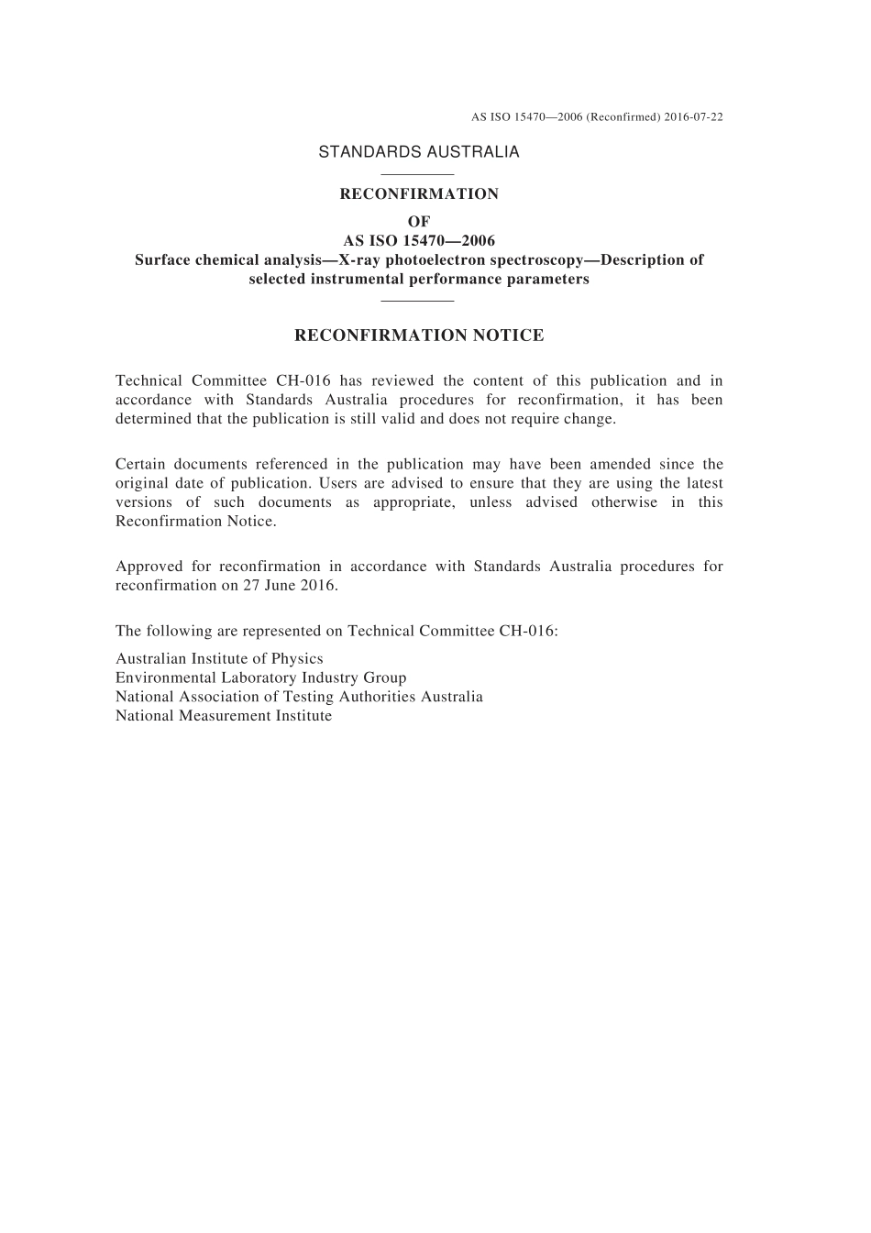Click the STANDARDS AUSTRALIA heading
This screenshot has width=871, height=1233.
tap(418, 152)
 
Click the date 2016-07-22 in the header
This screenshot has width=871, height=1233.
tap(692, 117)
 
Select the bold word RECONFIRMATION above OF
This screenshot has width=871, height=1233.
tap(419, 194)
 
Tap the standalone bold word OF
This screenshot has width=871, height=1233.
tap(418, 222)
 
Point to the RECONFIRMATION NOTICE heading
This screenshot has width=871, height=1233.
tap(419, 336)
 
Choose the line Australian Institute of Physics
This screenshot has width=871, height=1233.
tap(219, 659)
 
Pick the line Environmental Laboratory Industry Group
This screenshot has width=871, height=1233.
tap(260, 678)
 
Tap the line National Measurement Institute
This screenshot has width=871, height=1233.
tap(224, 716)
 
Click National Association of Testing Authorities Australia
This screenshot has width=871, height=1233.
tap(299, 697)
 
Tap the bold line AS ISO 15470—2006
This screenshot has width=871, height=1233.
tap(419, 241)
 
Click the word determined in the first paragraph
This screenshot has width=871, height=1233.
tap(153, 419)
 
